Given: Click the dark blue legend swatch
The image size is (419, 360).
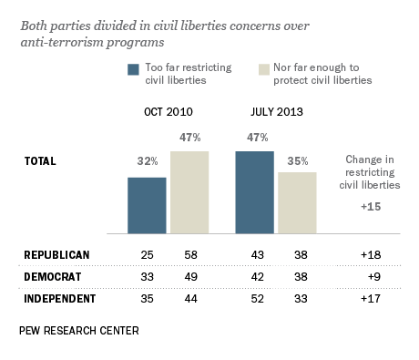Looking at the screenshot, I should (x=134, y=68).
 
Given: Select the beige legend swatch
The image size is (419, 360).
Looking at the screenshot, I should (x=240, y=68).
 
